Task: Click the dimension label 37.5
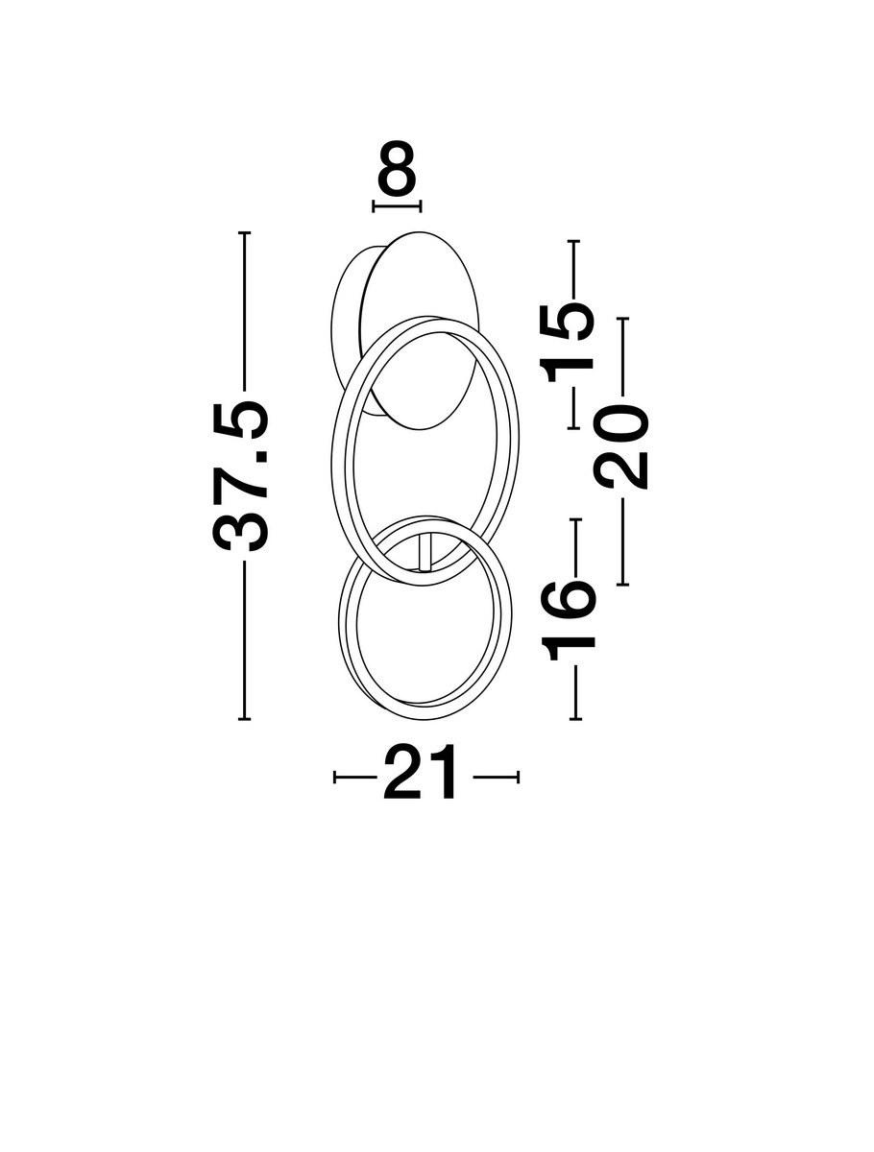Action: [240, 476]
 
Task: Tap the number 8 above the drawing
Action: [397, 166]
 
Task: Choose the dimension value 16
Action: [571, 620]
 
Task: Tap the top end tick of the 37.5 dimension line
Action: [244, 232]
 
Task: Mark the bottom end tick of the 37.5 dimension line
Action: [244, 718]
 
